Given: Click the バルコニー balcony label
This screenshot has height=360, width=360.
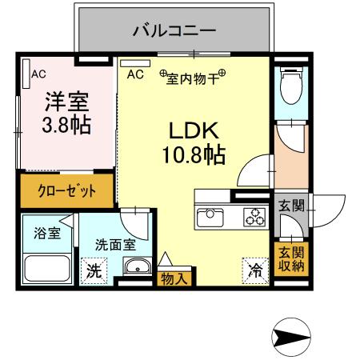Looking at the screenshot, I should [x=174, y=32].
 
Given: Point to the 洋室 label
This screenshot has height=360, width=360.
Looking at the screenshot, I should [x=66, y=102].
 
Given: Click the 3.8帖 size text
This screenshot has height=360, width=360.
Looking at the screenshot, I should [x=66, y=125].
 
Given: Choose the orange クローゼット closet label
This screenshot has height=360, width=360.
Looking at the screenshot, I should [x=67, y=191].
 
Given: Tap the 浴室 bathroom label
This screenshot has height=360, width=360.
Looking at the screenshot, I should [x=46, y=234].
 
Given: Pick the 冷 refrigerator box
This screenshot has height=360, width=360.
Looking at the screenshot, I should [x=255, y=270].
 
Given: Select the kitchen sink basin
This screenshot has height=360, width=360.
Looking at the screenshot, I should [x=212, y=216].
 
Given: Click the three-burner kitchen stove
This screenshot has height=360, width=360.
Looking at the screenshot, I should [x=255, y=216].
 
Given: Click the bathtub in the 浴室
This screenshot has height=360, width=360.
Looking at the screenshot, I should [x=47, y=267].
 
